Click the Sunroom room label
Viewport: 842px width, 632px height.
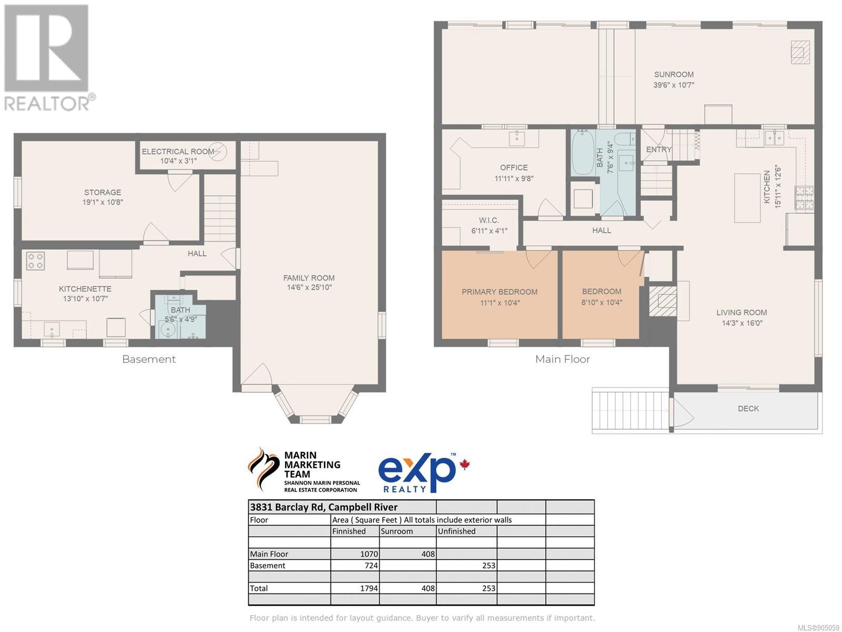(x=674, y=74)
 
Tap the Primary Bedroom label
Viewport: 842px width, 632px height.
(x=499, y=292)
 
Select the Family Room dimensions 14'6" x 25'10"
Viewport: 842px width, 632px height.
(x=309, y=288)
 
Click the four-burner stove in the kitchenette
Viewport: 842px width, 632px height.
(x=35, y=261)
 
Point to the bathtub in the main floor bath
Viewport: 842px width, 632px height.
(x=583, y=153)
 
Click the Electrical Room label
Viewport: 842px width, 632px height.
(x=178, y=152)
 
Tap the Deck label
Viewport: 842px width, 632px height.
(x=748, y=409)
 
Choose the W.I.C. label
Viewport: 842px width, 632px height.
(x=489, y=220)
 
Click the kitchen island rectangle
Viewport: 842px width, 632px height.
(x=747, y=198)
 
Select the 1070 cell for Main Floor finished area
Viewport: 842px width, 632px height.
(x=369, y=554)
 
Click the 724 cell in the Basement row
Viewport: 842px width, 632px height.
(x=372, y=566)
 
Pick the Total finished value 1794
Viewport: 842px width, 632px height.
(x=369, y=588)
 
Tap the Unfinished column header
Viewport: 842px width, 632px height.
(x=456, y=531)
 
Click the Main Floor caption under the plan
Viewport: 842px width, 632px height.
(x=563, y=359)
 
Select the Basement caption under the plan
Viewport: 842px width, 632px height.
(x=149, y=359)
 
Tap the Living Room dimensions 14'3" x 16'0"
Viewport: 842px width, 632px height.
(x=742, y=323)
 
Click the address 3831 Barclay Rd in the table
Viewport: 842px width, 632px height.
(x=288, y=507)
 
